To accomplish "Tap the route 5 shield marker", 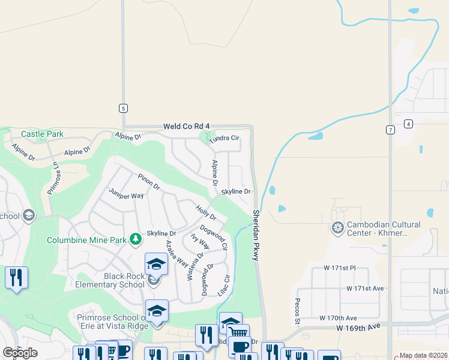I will click(123, 108).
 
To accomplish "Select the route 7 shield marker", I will click(390, 130).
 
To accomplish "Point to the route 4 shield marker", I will click(408, 124).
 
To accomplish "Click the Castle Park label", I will click(41, 134).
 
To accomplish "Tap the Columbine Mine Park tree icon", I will click(136, 240).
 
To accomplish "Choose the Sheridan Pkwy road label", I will click(256, 235).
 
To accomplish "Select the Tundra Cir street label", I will click(224, 138).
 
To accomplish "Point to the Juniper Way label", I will click(126, 194).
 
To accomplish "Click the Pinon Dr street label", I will click(148, 182).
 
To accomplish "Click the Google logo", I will click(20, 353).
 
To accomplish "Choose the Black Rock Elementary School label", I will click(110, 280).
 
